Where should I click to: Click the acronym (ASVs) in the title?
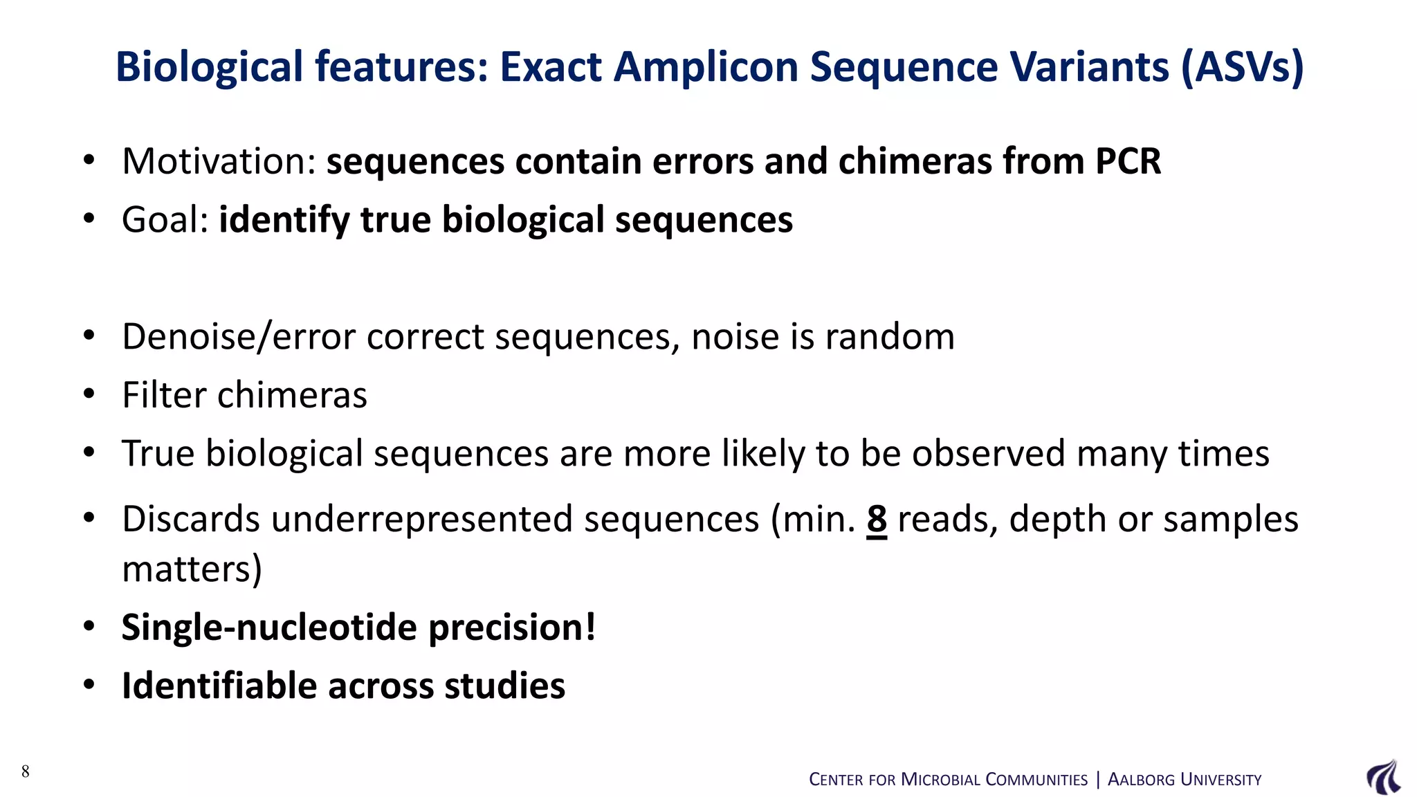1242,68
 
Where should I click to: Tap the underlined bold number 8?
877,519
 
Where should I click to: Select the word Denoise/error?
239,337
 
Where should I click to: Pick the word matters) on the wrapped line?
192,569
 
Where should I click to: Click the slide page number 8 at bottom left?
26,771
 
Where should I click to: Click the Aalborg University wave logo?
1383,777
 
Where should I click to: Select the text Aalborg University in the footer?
1185,780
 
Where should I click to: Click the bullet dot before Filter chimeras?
89,394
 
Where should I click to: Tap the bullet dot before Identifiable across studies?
89,685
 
